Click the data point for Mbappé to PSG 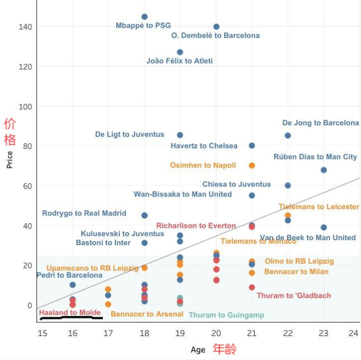[144, 17]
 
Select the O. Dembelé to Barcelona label [216, 36]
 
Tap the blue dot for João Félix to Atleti [180, 52]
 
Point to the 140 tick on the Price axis [26, 27]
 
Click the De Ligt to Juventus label [129, 134]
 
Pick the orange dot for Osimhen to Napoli [252, 165]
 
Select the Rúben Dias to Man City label [315, 157]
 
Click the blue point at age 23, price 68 [324, 170]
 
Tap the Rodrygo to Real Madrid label [84, 213]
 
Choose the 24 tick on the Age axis [354, 333]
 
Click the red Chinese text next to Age [224, 348]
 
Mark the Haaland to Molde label [70, 313]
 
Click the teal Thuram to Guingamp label [227, 315]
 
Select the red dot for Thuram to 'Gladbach [252, 287]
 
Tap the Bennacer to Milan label [296, 272]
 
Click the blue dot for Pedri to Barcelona [73, 285]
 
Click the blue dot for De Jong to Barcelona [288, 135]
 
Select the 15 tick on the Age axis [43, 333]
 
